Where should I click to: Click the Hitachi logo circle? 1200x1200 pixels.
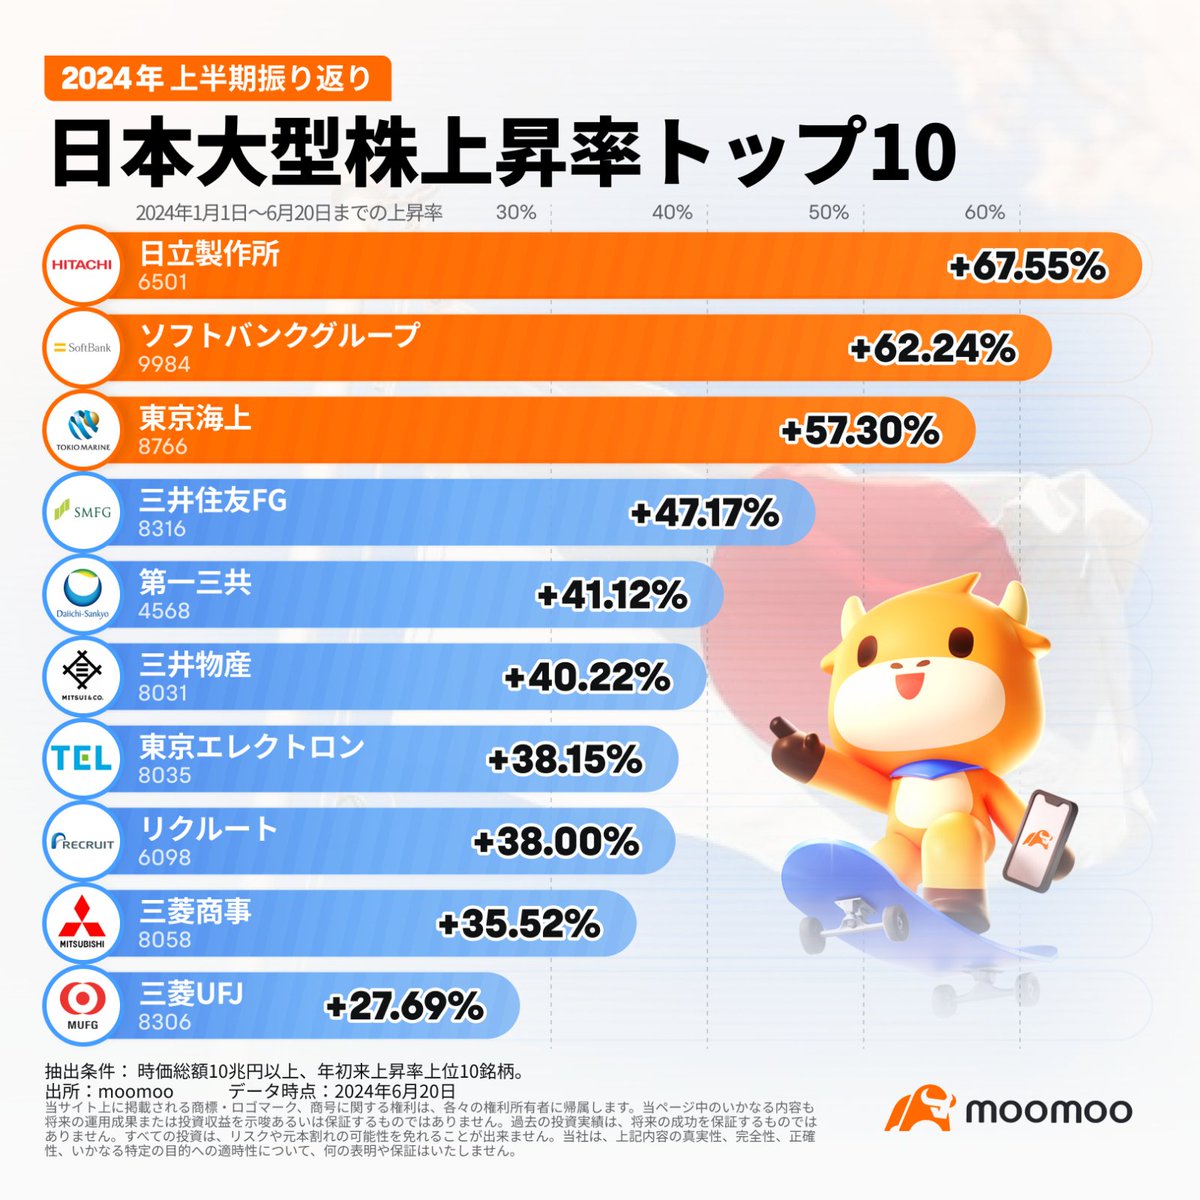click(x=82, y=266)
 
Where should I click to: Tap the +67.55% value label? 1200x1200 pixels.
click(x=1027, y=267)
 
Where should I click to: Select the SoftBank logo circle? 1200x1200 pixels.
click(x=82, y=348)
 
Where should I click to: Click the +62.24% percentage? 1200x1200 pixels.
click(x=932, y=349)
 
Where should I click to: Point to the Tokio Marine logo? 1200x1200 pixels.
click(x=82, y=430)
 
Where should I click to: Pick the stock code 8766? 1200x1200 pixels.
click(x=163, y=446)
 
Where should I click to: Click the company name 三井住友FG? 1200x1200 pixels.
click(x=213, y=500)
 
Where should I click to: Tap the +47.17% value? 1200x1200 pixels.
click(x=704, y=514)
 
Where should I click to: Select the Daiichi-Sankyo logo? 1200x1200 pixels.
click(x=82, y=595)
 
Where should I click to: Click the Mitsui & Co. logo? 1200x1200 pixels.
click(x=82, y=677)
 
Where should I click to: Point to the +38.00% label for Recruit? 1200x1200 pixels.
click(x=556, y=842)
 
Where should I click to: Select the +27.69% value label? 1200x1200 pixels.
click(x=404, y=1006)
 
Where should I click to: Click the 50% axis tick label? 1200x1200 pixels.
click(x=828, y=212)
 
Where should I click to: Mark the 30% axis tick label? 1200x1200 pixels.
click(x=516, y=212)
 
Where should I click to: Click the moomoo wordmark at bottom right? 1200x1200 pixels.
click(x=1048, y=1110)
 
